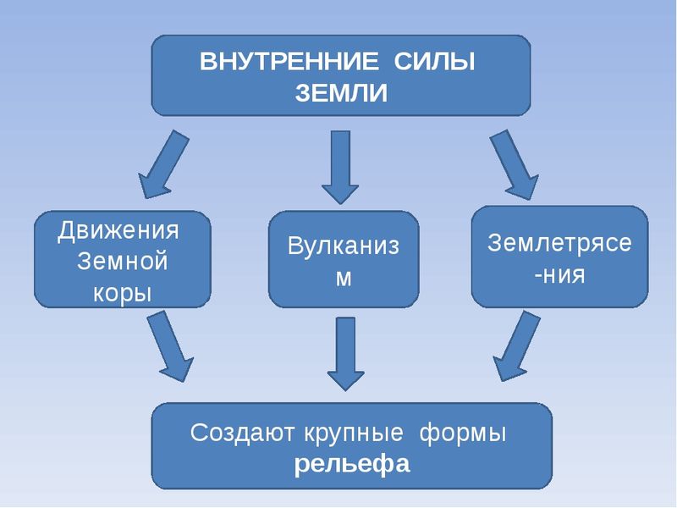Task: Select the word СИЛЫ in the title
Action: coord(429,63)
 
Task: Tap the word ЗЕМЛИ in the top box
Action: coord(341,92)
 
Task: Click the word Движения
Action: coord(119,230)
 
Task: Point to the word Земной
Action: coord(122,261)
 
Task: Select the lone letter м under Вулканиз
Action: coord(344,278)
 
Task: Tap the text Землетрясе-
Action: coord(559,242)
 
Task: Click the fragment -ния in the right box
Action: coord(559,274)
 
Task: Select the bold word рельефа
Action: coord(352,464)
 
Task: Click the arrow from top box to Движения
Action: coord(165,165)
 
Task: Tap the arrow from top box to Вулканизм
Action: coord(341,166)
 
